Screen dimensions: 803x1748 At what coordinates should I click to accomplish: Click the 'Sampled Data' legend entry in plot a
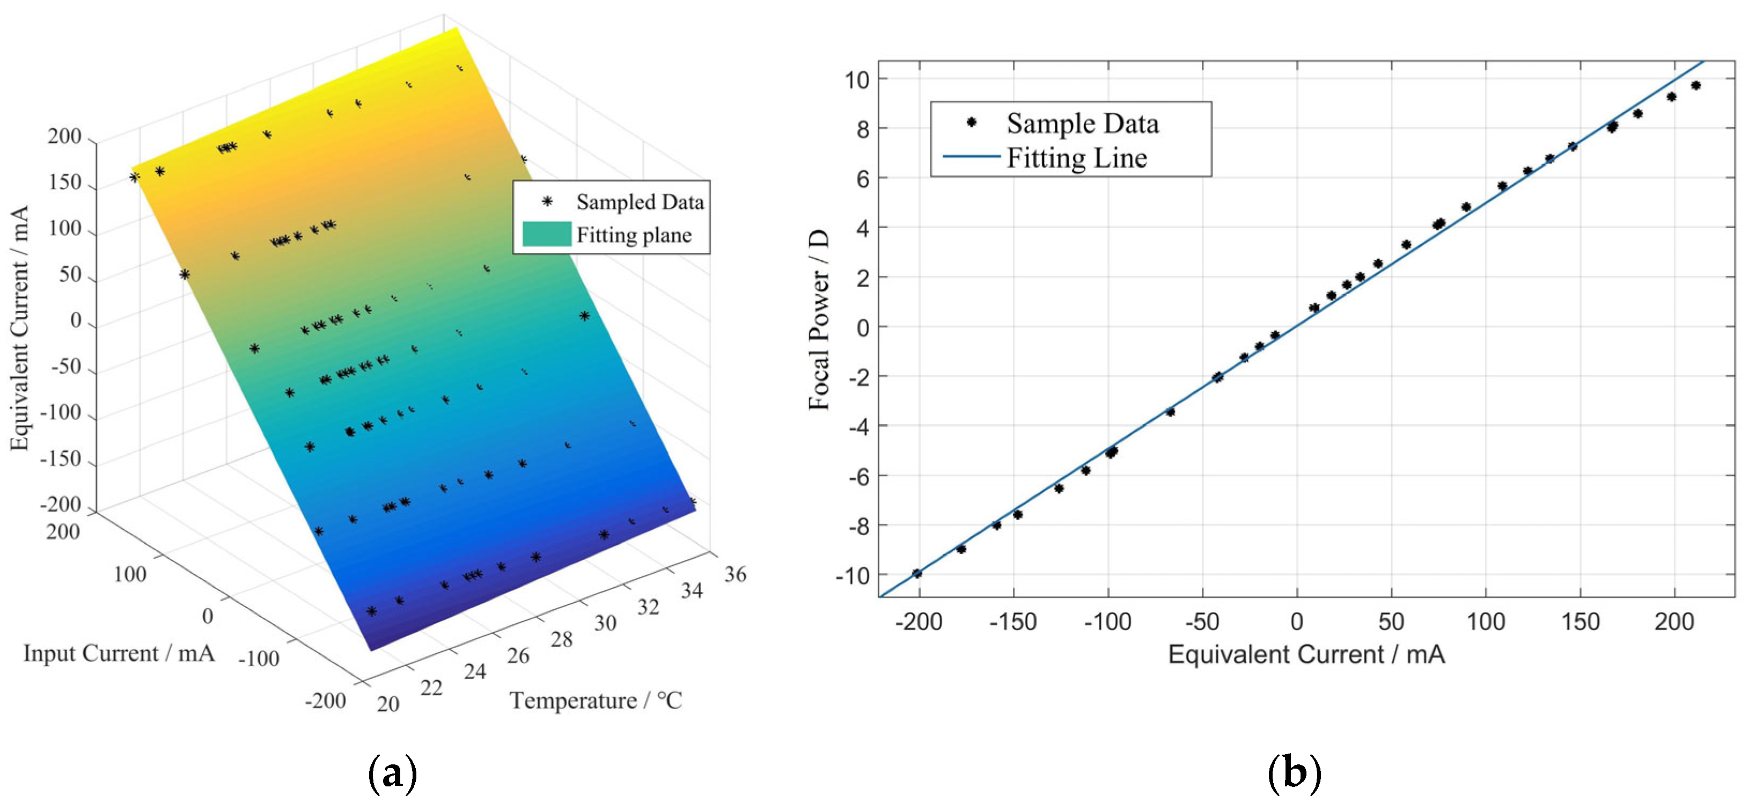click(639, 202)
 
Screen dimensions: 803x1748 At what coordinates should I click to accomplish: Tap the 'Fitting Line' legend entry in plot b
click(1076, 158)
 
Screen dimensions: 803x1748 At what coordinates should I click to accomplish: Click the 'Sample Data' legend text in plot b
click(1082, 123)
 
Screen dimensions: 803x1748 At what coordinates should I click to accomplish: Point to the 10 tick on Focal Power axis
click(857, 79)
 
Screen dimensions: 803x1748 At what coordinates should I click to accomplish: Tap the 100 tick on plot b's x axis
click(1486, 622)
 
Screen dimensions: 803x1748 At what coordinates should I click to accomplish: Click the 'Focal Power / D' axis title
click(820, 319)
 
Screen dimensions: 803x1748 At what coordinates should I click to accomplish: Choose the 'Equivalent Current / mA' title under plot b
click(1306, 655)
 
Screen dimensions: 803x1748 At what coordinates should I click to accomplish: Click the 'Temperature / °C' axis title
click(596, 700)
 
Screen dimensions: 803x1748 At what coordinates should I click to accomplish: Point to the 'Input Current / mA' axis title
click(119, 653)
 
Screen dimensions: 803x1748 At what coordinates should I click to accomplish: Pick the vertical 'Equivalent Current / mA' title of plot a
click(20, 327)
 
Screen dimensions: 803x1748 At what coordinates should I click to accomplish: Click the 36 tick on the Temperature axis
click(735, 575)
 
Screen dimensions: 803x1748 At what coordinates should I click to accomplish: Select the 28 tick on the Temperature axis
click(561, 639)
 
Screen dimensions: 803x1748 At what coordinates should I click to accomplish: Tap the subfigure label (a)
click(392, 773)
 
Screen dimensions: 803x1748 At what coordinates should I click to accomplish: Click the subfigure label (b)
click(1294, 773)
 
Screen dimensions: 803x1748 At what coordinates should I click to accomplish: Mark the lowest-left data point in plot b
click(917, 574)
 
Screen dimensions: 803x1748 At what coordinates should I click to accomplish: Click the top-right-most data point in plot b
click(1696, 85)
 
